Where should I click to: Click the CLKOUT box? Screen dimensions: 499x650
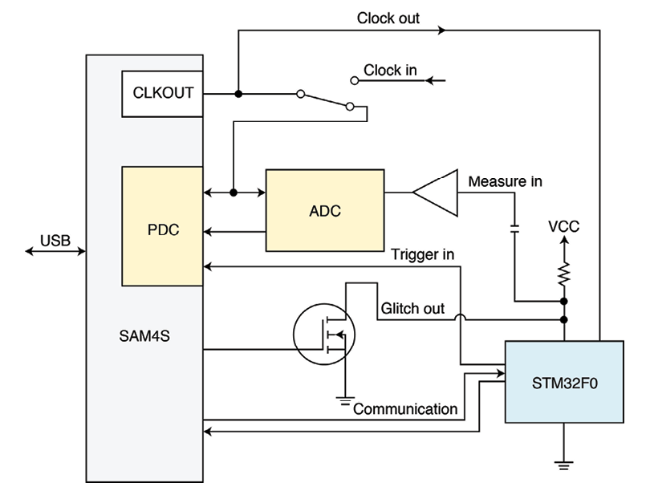coord(162,93)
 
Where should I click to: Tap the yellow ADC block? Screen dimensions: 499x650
coord(325,211)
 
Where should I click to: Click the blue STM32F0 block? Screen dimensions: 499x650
coord(564,382)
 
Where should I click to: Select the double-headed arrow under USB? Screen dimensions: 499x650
coord(55,252)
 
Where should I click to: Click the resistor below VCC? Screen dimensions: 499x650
coord(564,273)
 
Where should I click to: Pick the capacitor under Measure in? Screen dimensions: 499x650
coord(514,229)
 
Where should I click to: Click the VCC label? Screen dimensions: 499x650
coord(563,227)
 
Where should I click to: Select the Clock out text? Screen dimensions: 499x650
coord(388,18)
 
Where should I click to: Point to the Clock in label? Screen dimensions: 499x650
coord(390,71)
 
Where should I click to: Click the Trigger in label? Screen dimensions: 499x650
coord(423,255)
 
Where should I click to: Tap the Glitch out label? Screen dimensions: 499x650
coord(412,309)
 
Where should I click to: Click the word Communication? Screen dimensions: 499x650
coord(405,409)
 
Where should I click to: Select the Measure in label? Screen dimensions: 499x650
coord(505,181)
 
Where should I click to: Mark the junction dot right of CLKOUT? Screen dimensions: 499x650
coord(238,94)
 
